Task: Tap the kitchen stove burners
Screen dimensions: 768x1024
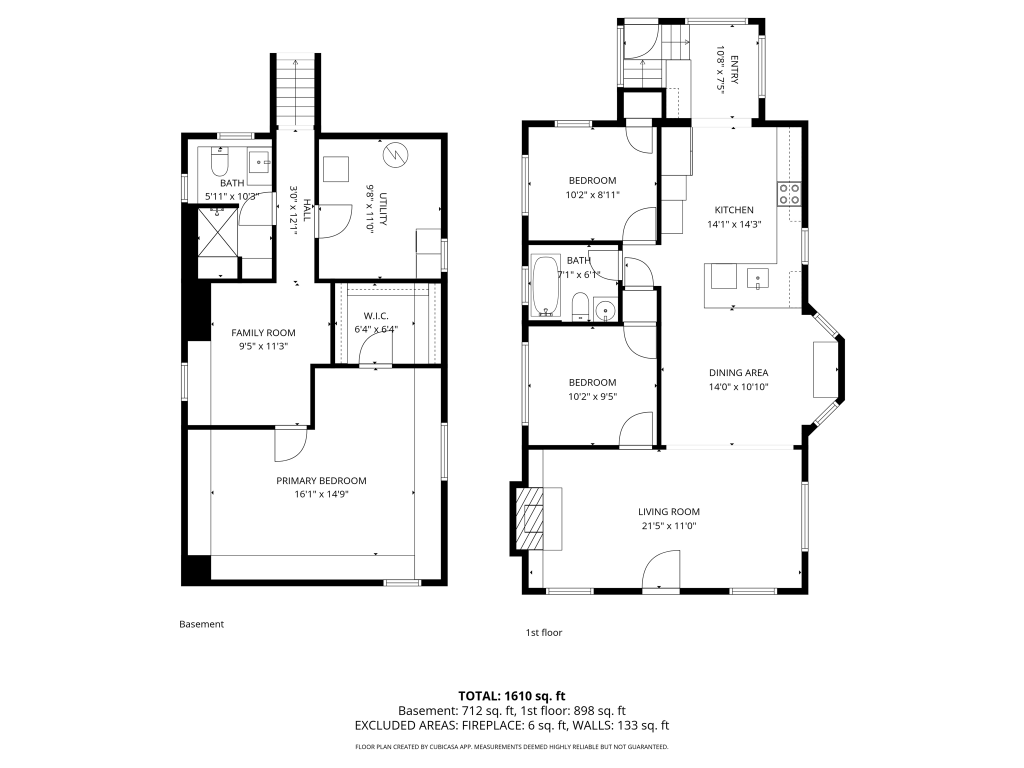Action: tap(789, 194)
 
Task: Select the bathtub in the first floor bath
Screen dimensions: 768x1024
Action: tap(545, 286)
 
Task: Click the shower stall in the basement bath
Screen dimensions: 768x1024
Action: tap(217, 232)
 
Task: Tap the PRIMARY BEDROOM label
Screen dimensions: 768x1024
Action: tap(321, 480)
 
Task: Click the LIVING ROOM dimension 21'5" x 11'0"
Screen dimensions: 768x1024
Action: tap(668, 526)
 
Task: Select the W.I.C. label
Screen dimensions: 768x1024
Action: tap(376, 316)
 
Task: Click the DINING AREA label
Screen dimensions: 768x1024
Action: tap(738, 372)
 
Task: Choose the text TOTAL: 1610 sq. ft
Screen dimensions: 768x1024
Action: tap(511, 696)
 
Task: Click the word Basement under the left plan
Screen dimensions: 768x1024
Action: tap(201, 624)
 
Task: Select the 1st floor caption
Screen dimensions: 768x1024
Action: tap(543, 632)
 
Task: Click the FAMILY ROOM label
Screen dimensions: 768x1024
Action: tap(263, 332)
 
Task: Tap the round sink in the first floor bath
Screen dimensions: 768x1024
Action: tap(605, 308)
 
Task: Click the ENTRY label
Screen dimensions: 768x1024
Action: tap(734, 69)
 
